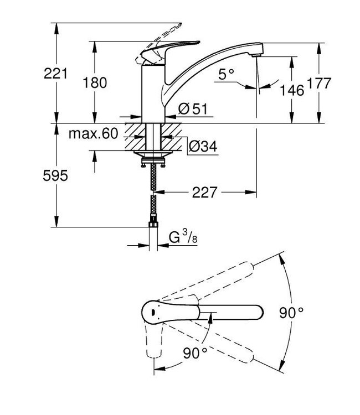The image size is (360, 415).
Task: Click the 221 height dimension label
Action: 55,73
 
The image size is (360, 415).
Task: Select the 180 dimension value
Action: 95,82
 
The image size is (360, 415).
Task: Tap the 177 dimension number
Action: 319,84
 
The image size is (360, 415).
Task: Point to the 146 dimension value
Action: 292,91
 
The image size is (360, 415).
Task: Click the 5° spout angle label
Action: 227,74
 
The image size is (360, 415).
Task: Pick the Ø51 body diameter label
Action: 193,109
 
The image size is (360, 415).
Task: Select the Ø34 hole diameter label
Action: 203,146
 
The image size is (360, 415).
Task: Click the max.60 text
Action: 93,134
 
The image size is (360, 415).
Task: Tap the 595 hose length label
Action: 55,175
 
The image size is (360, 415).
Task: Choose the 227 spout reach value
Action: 204,193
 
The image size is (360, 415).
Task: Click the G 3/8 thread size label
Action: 183,237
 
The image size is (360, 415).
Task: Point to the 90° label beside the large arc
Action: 291,313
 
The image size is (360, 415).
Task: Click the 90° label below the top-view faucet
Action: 195,353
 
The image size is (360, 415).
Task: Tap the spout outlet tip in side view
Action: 256,55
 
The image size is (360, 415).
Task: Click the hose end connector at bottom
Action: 153,224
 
